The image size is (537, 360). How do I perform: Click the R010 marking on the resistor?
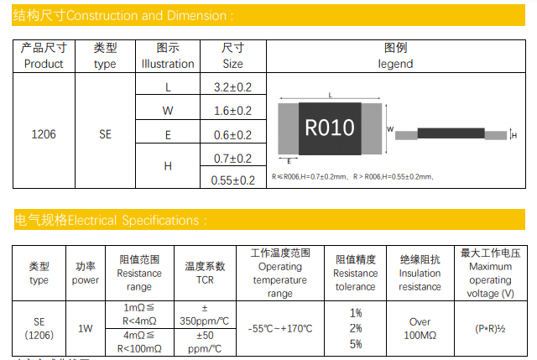coord(329,128)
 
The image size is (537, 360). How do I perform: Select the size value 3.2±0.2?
coord(233,87)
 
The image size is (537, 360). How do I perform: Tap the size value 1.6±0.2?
coord(233,111)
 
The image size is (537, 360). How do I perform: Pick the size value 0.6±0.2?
coord(233,134)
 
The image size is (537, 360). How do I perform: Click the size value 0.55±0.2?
coord(233,180)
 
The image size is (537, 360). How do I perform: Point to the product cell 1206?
coord(44,133)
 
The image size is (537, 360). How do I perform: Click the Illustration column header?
coord(168,56)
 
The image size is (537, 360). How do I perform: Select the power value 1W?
coord(86,328)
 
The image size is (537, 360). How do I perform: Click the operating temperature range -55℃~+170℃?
coord(280,328)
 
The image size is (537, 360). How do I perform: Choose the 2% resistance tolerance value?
coord(356,328)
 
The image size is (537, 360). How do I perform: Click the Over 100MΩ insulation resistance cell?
coord(420,328)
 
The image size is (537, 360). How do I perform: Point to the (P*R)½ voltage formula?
coord(490,328)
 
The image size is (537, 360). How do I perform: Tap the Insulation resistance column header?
coord(420,273)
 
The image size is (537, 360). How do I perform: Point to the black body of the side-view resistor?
coord(451,133)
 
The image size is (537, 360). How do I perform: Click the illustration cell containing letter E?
coord(168,134)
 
